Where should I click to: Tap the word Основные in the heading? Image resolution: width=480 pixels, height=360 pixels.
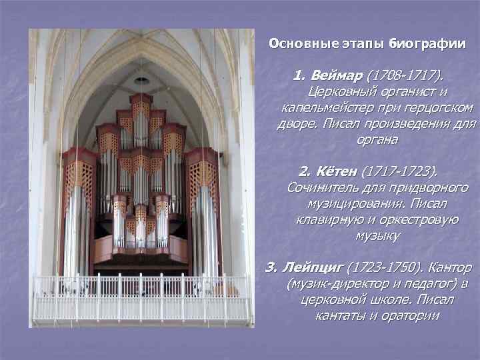(x=298, y=45)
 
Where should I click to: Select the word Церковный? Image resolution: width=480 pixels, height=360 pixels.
(x=343, y=90)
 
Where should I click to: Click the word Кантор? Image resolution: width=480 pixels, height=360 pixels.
(x=448, y=267)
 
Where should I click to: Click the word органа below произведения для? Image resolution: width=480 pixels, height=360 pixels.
(x=377, y=140)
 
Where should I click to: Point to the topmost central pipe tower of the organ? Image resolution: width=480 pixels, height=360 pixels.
(x=141, y=117)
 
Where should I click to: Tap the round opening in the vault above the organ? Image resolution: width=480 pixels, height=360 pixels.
(x=141, y=81)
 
